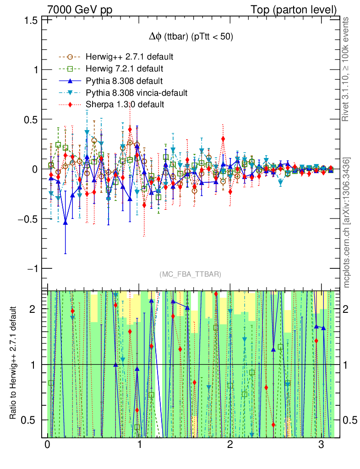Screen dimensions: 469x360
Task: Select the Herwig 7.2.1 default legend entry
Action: click(125, 69)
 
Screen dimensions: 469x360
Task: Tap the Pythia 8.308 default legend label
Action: click(124, 81)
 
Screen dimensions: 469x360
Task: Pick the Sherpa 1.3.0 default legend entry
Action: click(125, 105)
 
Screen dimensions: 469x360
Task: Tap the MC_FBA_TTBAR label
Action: click(191, 274)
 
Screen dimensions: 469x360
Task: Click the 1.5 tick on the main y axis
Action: click(31, 20)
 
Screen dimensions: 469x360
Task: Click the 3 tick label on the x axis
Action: click(321, 445)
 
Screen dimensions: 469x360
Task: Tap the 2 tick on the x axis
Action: click(230, 445)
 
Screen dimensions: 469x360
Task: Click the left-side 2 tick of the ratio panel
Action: click(38, 309)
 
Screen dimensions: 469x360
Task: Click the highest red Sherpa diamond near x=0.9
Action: click(130, 129)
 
